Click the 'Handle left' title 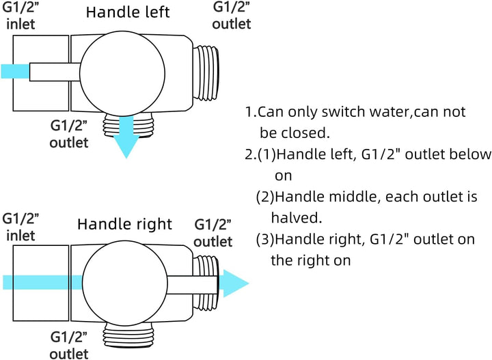click(x=128, y=12)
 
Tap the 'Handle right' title click(x=124, y=224)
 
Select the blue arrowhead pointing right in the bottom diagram click(x=234, y=283)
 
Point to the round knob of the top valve click(x=122, y=74)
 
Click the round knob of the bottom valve click(x=124, y=283)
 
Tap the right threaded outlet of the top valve click(x=206, y=73)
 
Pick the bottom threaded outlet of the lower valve click(x=128, y=335)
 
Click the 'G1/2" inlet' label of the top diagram click(x=20, y=16)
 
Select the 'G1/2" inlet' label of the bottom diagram click(x=20, y=227)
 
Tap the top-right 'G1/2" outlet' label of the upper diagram click(x=232, y=16)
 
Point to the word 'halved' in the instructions click(x=295, y=218)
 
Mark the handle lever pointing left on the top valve click(x=55, y=72)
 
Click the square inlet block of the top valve click(x=41, y=73)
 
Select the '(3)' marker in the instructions click(x=265, y=239)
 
